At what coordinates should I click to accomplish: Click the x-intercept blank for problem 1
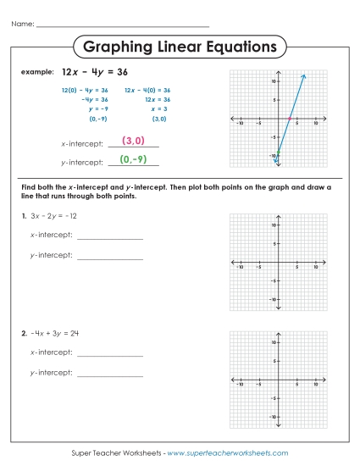pyautogui.click(x=109, y=237)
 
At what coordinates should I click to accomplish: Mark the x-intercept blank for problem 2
pyautogui.click(x=109, y=354)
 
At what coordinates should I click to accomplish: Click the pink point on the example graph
pyautogui.click(x=289, y=119)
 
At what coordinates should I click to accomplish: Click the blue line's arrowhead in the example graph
pyautogui.click(x=303, y=77)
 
